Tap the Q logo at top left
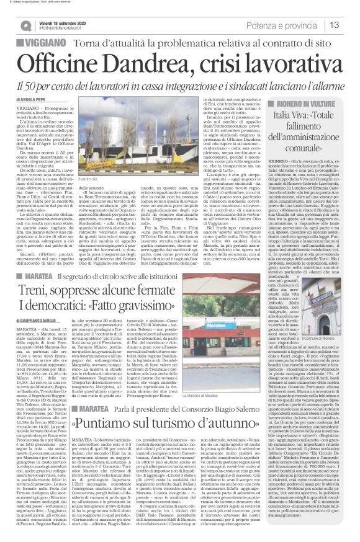25,24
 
